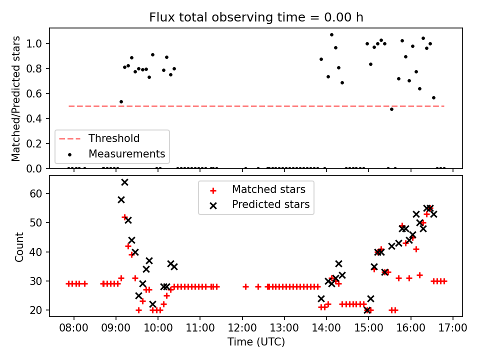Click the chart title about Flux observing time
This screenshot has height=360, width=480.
(256, 17)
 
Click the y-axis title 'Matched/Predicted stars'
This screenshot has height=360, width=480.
(16, 98)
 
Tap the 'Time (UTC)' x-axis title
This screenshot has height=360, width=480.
(256, 342)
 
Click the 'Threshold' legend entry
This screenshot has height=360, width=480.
(114, 138)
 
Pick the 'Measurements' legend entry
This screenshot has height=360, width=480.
(126, 153)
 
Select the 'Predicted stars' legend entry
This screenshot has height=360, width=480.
(270, 204)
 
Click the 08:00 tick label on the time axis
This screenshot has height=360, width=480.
(74, 328)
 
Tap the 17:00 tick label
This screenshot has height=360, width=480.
(453, 328)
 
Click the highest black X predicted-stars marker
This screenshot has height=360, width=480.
(124, 182)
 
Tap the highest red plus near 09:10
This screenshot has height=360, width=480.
(124, 217)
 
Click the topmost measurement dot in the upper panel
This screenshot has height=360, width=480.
(331, 35)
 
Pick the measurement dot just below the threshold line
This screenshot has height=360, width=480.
(391, 109)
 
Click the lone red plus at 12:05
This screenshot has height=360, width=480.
(245, 286)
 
